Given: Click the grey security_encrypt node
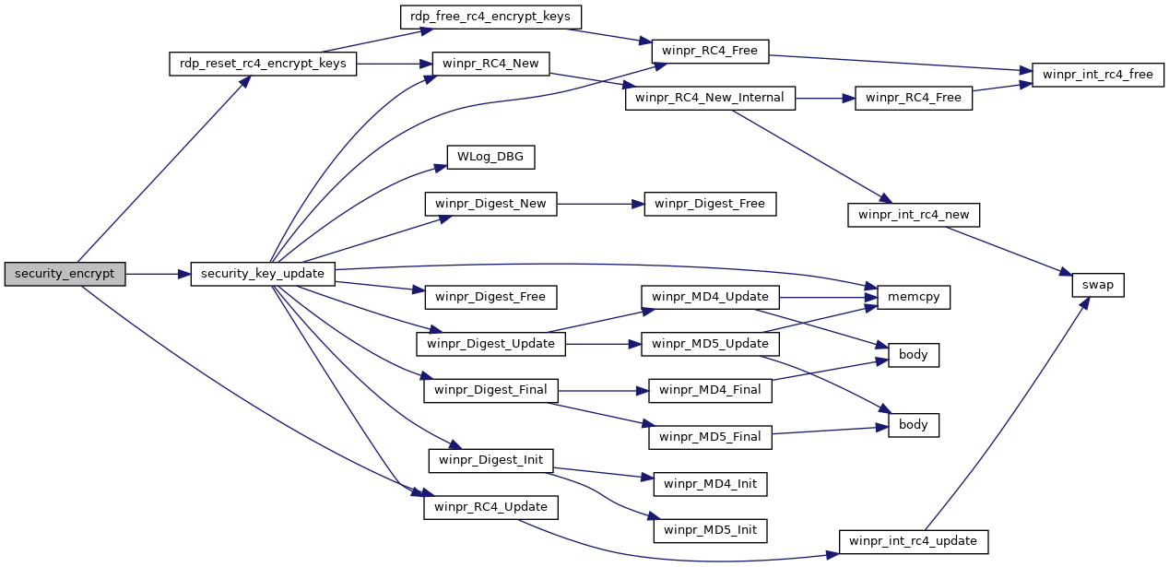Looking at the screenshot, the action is (x=65, y=274).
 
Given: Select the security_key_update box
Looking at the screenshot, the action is (x=263, y=274).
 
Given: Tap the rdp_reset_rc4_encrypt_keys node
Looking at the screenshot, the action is (x=263, y=64).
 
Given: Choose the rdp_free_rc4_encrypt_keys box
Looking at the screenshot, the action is (x=490, y=17).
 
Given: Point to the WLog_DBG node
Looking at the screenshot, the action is (x=490, y=157).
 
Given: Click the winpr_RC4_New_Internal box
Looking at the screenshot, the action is (x=710, y=98).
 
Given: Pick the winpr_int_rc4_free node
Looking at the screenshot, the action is (x=1097, y=76).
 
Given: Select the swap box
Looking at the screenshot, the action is (x=1097, y=286).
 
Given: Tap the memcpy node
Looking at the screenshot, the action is (x=914, y=297).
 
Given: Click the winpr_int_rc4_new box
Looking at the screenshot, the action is (x=914, y=215).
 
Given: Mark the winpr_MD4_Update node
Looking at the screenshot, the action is (x=710, y=297).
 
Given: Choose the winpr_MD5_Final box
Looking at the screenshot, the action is (x=710, y=437).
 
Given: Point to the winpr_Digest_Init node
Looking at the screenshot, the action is (x=490, y=460).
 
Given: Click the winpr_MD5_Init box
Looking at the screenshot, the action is (x=710, y=530).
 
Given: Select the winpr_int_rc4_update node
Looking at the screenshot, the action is (x=914, y=542).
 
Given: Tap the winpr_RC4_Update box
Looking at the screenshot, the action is (x=490, y=507).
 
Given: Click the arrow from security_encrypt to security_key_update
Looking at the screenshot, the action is (x=159, y=274).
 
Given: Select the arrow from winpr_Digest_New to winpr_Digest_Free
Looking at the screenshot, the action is (x=601, y=204).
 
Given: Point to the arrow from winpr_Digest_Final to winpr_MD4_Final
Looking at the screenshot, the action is (x=603, y=391).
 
